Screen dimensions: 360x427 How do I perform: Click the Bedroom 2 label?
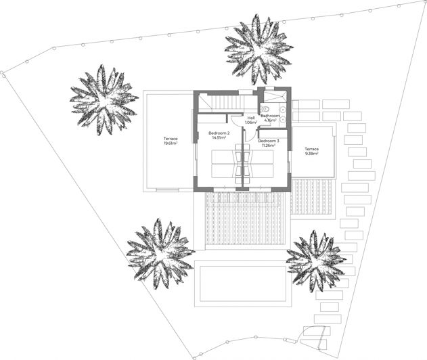219,133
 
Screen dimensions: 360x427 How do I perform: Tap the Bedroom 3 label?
269,141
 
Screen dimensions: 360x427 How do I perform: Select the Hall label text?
251,118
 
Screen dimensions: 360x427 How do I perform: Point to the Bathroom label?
271,116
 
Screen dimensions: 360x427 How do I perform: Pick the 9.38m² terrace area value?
311,153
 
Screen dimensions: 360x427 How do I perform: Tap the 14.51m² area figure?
219,137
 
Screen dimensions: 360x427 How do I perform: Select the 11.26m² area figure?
269,145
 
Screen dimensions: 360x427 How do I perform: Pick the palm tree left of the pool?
160,253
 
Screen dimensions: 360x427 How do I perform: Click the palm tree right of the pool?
315,261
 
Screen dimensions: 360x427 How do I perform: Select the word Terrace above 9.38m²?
311,148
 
